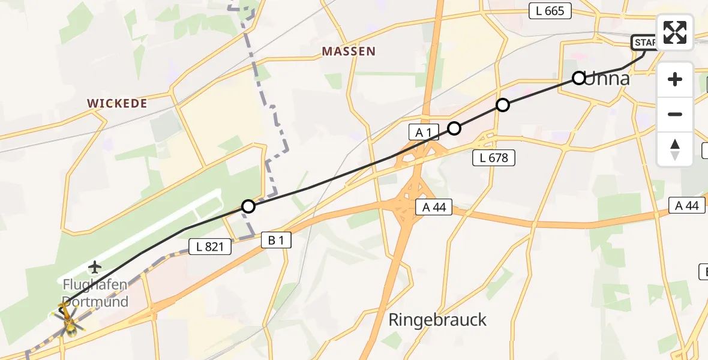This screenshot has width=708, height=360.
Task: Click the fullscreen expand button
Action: point(675,32)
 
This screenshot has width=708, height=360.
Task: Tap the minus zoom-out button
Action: point(675,114)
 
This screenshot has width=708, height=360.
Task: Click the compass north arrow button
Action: point(675,149)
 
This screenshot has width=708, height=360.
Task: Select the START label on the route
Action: point(645,43)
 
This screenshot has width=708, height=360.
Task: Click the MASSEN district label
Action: point(349,52)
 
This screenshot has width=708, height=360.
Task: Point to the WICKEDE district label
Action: point(117,103)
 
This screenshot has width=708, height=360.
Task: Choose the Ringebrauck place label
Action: point(437,320)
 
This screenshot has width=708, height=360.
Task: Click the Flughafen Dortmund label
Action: point(96,293)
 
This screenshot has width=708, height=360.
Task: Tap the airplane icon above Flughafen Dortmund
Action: point(95,266)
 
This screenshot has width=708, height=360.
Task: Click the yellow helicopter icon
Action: point(70,321)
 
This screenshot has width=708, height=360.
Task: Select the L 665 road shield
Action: point(550,10)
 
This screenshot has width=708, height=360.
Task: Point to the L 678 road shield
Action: point(494,158)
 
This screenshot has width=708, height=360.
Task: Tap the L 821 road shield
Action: point(209,246)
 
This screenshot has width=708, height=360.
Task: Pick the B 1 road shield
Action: point(276,241)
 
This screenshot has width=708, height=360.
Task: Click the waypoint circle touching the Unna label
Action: point(578,78)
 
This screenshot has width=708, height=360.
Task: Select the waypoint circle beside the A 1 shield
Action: point(454,128)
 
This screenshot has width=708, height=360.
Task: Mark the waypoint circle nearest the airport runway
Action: point(248,207)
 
